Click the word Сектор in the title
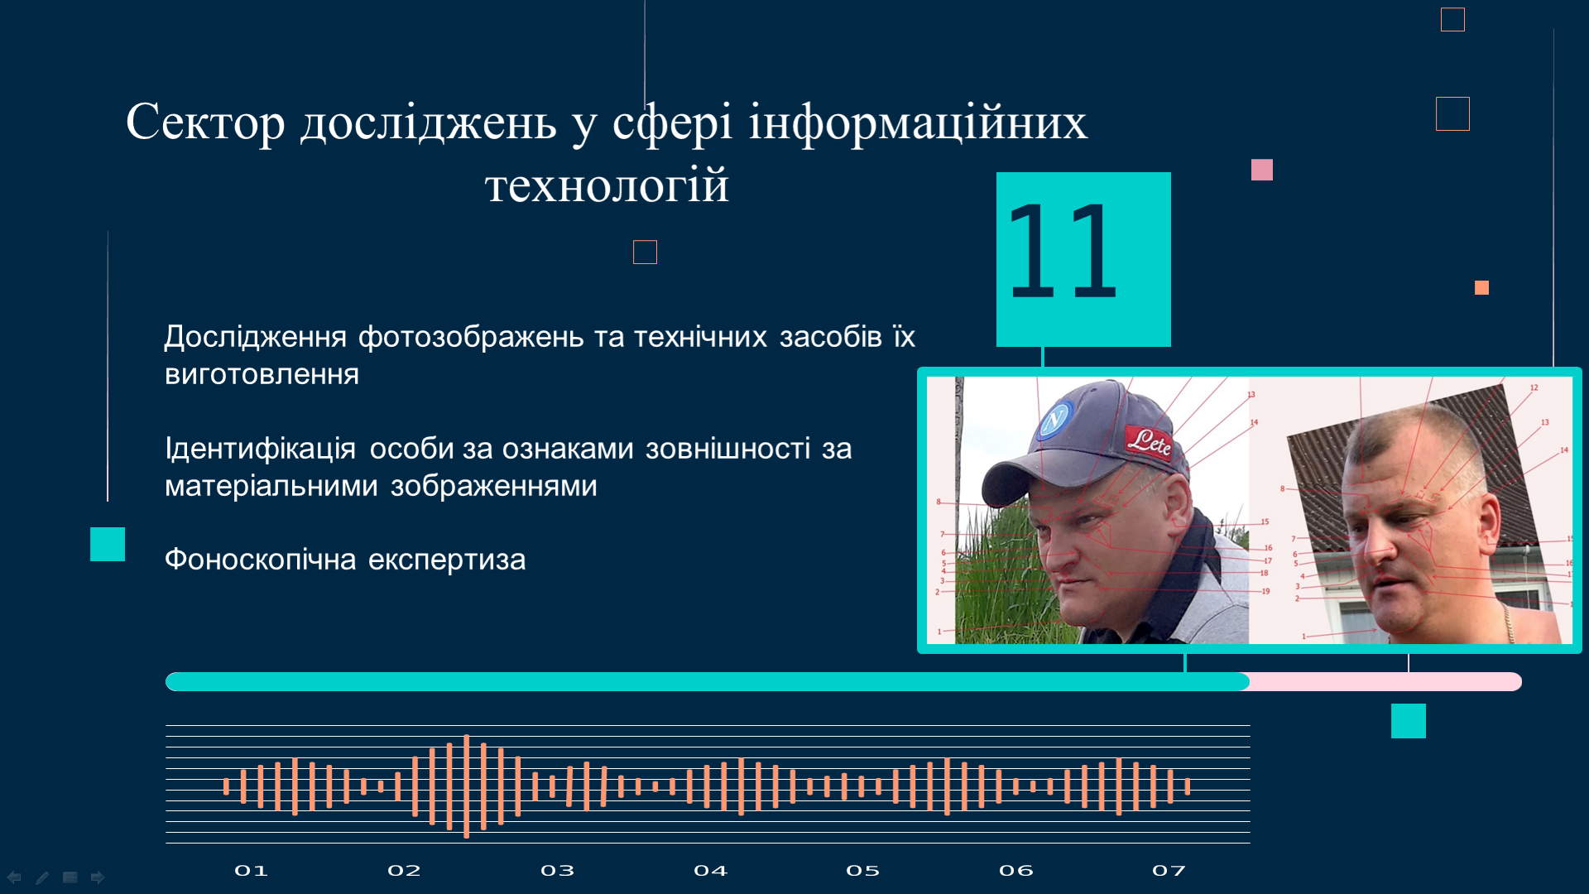tap(205, 123)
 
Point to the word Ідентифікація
tap(260, 449)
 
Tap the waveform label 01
tap(251, 871)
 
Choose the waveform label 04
tap(710, 871)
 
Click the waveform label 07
tap(1169, 871)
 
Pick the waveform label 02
tap(404, 871)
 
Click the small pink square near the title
tap(1262, 170)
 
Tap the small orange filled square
tap(1481, 287)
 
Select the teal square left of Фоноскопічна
tap(108, 545)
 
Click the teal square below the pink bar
tap(1409, 721)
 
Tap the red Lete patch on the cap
tap(1149, 441)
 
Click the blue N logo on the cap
tap(1055, 421)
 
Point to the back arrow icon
tap(14, 877)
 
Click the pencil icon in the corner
tap(42, 877)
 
